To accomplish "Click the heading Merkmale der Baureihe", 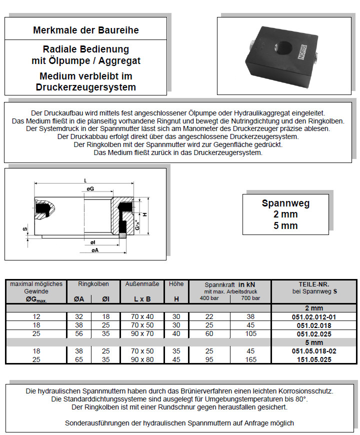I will tap(85, 30).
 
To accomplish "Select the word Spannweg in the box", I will tap(285, 203).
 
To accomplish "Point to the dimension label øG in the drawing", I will tap(90, 188).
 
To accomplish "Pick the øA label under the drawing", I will tap(95, 250).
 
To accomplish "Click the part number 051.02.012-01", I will tap(313, 316).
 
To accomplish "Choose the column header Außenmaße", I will tap(142, 284).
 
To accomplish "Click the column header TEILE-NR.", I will tap(313, 283).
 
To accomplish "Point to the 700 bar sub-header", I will tap(249, 298).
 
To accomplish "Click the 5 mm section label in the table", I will tap(313, 342).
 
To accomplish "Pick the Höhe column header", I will tap(176, 284).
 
